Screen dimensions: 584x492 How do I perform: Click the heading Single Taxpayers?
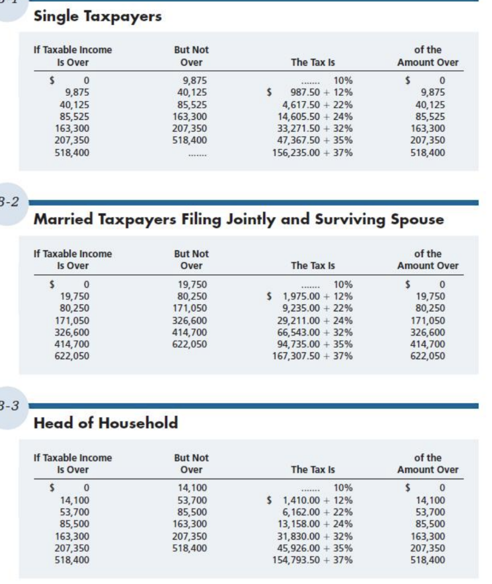click(x=98, y=17)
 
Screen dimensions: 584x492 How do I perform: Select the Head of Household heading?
click(x=106, y=423)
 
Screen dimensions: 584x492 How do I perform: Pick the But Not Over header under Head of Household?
click(x=191, y=464)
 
